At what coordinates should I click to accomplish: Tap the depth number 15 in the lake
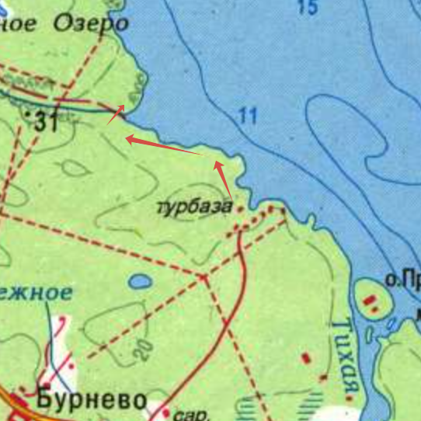308,8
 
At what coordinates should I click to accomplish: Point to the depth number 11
247,117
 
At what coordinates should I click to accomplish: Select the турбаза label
194,207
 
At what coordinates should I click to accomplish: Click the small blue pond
140,281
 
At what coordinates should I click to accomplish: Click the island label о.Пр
402,278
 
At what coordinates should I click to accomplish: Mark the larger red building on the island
371,297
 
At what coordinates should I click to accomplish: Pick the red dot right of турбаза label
240,208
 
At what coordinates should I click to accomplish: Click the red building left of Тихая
305,358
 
